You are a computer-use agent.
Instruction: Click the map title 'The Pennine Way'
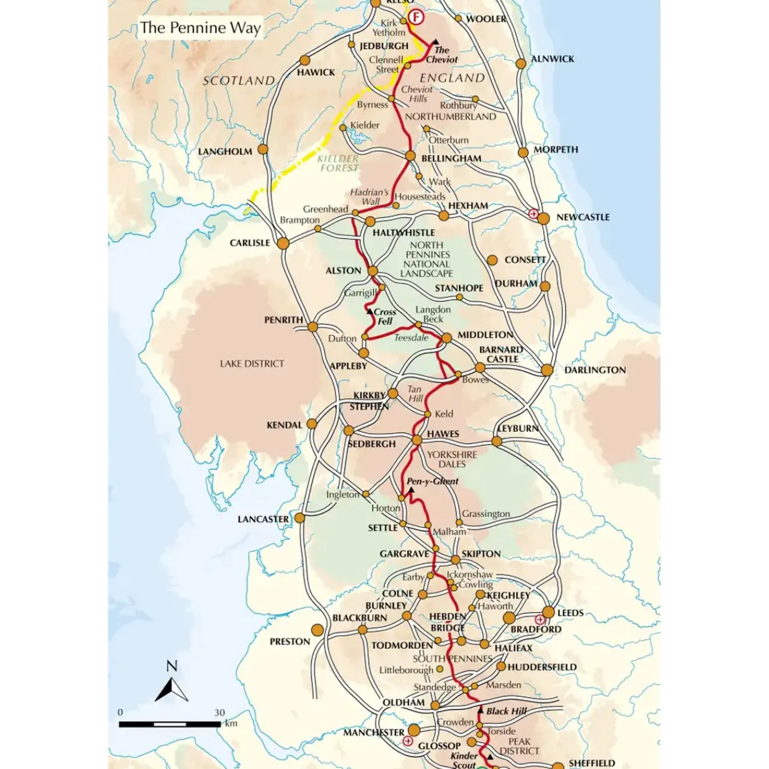(200, 28)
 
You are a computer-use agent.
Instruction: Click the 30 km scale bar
(169, 725)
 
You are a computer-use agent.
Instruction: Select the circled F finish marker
(416, 17)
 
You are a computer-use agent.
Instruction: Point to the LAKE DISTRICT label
(252, 363)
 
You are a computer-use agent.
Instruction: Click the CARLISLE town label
(250, 243)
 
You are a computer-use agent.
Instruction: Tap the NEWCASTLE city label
(583, 217)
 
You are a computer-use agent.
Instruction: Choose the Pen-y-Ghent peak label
(433, 481)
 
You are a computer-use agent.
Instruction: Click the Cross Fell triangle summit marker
(369, 311)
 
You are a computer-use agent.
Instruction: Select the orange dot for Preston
(317, 630)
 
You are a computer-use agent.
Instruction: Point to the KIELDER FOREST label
(339, 163)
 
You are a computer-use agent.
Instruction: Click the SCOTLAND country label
(239, 81)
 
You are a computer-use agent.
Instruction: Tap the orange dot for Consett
(492, 260)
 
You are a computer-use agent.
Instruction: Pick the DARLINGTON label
(595, 370)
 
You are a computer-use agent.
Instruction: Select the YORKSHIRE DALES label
(452, 460)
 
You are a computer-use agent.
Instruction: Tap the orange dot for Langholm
(263, 149)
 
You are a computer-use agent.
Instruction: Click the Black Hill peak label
(506, 711)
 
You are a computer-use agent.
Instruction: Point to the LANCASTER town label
(263, 519)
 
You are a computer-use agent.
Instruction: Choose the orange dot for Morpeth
(523, 153)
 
